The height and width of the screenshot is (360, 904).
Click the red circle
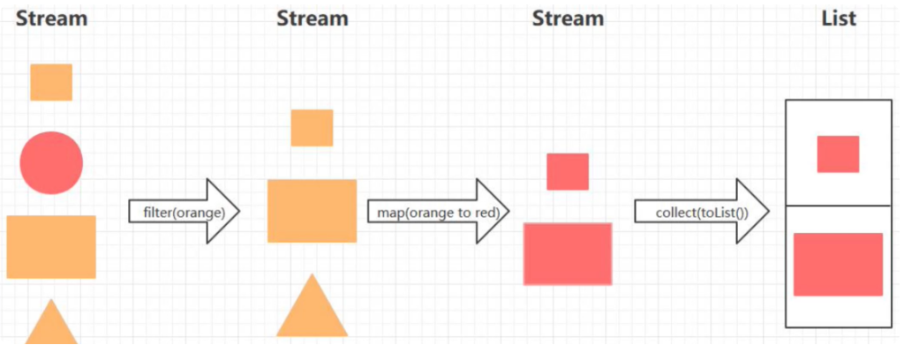pyautogui.click(x=51, y=163)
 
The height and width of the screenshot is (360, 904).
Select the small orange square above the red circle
pyautogui.click(x=51, y=82)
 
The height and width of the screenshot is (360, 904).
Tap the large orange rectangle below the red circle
pyautogui.click(x=51, y=247)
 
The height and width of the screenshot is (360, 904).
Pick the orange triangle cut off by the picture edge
pyautogui.click(x=51, y=326)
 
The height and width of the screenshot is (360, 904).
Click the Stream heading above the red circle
pyautogui.click(x=51, y=19)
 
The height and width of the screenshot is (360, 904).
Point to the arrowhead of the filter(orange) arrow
pyautogui.click(x=224, y=212)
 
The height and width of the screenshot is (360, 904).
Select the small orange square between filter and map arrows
pyautogui.click(x=312, y=128)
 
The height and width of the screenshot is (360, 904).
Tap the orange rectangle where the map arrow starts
pyautogui.click(x=312, y=211)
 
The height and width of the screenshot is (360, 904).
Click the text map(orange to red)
pyautogui.click(x=433, y=213)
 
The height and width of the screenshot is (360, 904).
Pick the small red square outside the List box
pyautogui.click(x=567, y=171)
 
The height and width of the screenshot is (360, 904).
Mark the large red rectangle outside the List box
pyautogui.click(x=567, y=254)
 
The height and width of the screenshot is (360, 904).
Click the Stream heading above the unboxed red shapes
pyautogui.click(x=568, y=19)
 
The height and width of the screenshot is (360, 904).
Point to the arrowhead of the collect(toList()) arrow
pyautogui.click(x=754, y=212)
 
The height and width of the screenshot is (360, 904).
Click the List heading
pyautogui.click(x=838, y=19)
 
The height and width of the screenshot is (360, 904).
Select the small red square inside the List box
pyautogui.click(x=838, y=154)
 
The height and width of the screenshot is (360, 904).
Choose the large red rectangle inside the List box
pyautogui.click(x=838, y=265)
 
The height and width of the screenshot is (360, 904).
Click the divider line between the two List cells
pyautogui.click(x=838, y=206)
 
